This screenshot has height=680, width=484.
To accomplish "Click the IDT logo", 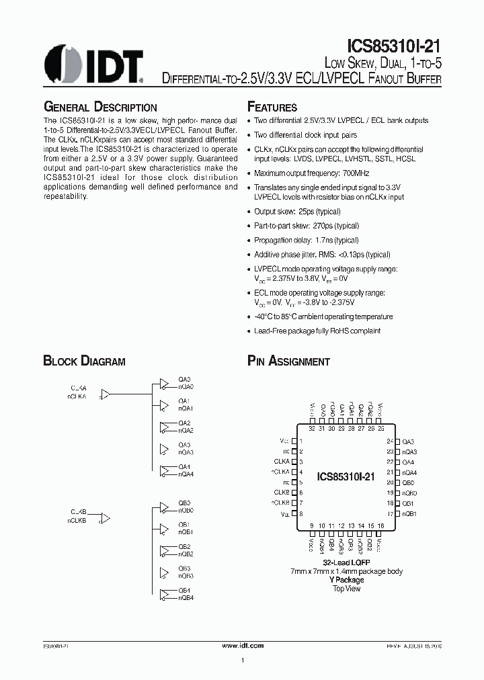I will point(94,66).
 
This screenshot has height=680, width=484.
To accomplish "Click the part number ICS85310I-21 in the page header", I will point(394,46).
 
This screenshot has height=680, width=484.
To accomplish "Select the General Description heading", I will point(100,108).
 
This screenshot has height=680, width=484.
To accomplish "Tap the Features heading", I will point(272,108).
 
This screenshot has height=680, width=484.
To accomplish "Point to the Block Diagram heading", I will point(84,362).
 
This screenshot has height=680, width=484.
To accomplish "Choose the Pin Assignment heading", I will point(288,362).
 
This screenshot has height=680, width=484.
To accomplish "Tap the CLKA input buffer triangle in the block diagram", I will point(106,396).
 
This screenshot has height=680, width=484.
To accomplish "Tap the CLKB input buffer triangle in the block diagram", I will point(106,518).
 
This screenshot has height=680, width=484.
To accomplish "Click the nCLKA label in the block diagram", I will point(77,397).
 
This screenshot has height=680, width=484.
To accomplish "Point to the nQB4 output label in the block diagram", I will point(186,597).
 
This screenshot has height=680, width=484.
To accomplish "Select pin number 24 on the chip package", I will point(390,441).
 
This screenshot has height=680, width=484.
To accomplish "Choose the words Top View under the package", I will point(347,589).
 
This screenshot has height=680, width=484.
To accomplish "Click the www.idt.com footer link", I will point(242,645).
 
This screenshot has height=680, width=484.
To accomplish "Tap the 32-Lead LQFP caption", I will point(346,562).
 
